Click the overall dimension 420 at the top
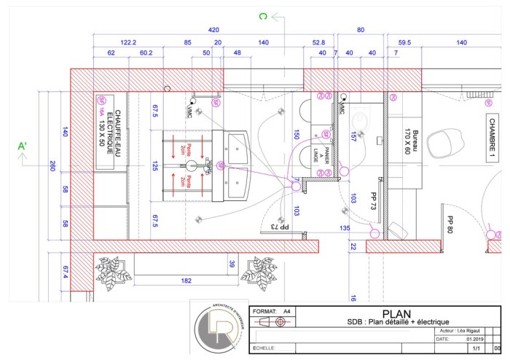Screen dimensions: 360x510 (x=213, y=31)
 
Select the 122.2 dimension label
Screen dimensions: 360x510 (x=129, y=43)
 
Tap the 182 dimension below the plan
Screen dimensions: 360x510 (x=186, y=280)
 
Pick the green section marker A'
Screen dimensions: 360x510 (x=23, y=146)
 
